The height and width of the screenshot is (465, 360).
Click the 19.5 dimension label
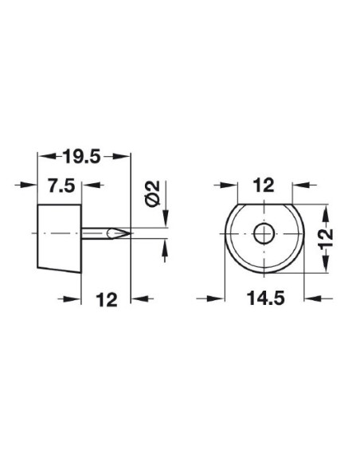84,157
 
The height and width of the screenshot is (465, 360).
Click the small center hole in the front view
260,233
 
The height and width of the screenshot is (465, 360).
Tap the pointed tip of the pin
127,233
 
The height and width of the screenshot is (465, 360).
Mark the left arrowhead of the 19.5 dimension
42,157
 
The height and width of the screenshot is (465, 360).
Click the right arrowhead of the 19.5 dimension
125,157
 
